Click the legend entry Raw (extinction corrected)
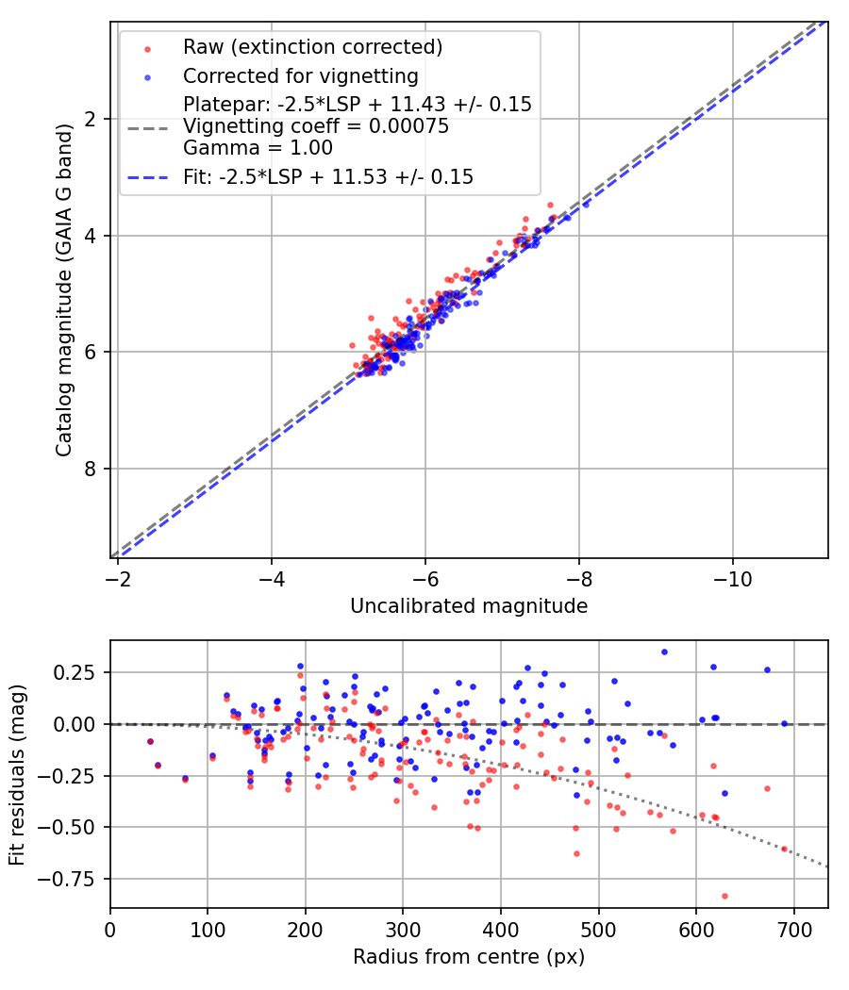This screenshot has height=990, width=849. (312, 47)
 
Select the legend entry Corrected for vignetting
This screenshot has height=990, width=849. (300, 75)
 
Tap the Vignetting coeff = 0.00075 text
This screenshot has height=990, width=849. (316, 125)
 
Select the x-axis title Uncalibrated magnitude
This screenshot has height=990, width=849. (469, 606)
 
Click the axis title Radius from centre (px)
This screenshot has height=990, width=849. (469, 957)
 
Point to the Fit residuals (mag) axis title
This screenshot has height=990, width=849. (17, 774)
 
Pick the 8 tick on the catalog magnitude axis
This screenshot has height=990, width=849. (92, 469)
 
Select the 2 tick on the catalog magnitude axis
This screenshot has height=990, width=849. (92, 119)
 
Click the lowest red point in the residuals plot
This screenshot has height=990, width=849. (724, 896)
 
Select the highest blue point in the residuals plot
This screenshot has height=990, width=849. (664, 652)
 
